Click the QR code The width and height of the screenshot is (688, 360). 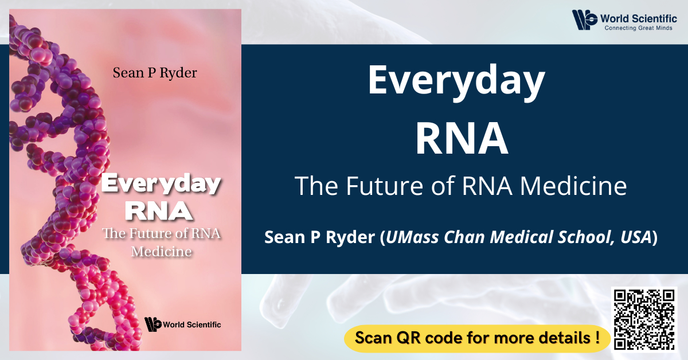[644, 319]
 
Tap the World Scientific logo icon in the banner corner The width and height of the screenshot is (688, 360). [584, 20]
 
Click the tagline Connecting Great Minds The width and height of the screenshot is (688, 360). [638, 28]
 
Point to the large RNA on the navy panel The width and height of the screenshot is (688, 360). [462, 139]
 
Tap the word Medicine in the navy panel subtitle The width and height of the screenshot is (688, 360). [573, 186]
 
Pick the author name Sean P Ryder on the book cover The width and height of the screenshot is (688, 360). [155, 73]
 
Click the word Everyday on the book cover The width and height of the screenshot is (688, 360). [161, 183]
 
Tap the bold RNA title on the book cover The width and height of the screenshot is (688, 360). [159, 211]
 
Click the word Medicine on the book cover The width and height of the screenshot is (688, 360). [161, 252]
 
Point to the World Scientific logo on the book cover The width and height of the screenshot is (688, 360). [182, 324]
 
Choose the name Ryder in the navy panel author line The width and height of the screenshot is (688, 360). [350, 238]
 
